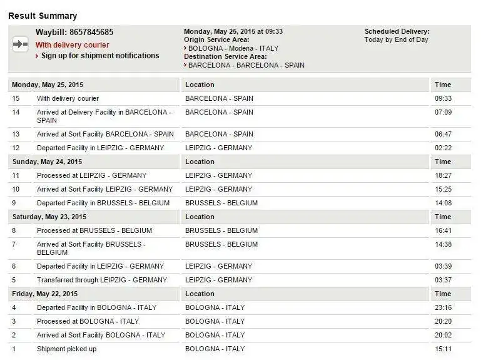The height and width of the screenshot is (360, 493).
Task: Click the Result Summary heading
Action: [x=43, y=15]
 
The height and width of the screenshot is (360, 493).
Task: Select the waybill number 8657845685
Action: [x=91, y=32]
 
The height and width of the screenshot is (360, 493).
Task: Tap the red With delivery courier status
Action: [x=72, y=45]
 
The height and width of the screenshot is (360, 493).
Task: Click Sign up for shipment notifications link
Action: [x=100, y=56]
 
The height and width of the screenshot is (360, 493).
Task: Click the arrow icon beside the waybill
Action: [x=21, y=44]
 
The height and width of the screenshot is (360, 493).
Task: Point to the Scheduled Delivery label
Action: [x=397, y=31]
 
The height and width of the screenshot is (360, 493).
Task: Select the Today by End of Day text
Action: [x=397, y=40]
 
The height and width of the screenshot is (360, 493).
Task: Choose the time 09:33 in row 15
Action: [x=443, y=98]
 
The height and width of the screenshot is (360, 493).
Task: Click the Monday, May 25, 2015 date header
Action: [x=48, y=85]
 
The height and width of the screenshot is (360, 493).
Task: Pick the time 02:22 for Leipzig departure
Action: [x=443, y=148]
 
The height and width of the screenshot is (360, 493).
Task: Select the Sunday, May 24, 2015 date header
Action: [x=47, y=162]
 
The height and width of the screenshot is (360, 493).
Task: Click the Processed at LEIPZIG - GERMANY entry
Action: [x=91, y=175]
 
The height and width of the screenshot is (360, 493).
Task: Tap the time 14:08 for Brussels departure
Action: [x=443, y=203]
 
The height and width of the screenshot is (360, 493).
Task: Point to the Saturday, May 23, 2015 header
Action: [x=49, y=217]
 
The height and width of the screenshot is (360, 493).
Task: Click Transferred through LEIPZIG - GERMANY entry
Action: [x=102, y=280]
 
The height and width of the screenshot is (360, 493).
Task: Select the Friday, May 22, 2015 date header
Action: [x=44, y=294]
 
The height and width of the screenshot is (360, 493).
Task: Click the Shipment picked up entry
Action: [x=66, y=349]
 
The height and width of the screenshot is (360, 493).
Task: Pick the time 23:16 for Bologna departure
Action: [x=443, y=307]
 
